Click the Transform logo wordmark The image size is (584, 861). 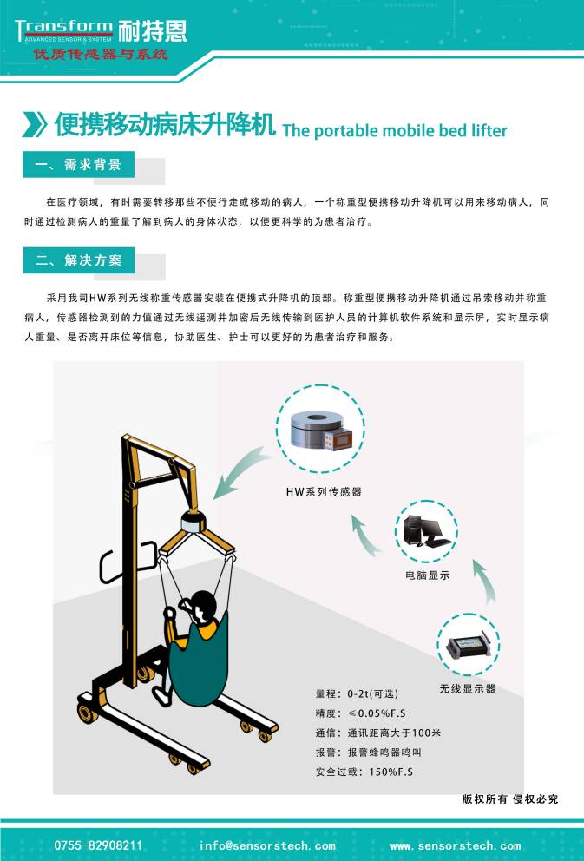[63, 28]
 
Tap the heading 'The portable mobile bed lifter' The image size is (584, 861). [395, 131]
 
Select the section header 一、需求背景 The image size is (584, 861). [78, 165]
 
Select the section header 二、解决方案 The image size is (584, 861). [78, 260]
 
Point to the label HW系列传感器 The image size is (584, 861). [324, 491]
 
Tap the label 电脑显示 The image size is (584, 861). [428, 575]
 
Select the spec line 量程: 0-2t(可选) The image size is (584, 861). [357, 693]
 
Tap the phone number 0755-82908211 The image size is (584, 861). [99, 845]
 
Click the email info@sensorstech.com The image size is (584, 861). [267, 845]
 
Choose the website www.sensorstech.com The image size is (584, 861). [456, 845]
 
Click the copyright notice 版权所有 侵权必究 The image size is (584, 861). [510, 799]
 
